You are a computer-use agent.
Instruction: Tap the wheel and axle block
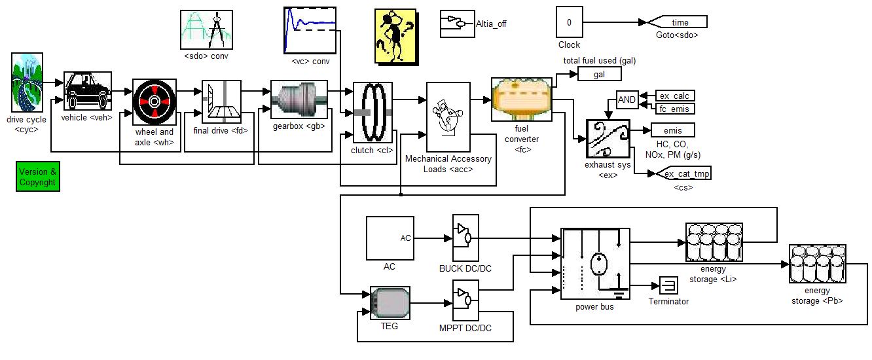(154, 102)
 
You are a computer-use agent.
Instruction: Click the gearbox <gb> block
(299, 101)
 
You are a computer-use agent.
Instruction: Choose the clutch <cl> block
(372, 112)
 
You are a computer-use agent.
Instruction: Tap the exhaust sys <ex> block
(608, 139)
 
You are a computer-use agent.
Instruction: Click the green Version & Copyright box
(38, 177)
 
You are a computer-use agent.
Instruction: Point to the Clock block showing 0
(569, 22)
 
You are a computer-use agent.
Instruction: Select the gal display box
(599, 75)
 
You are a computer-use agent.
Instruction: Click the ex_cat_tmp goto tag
(683, 173)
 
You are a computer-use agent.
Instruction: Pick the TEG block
(390, 303)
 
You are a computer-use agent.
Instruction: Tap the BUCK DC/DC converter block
(465, 238)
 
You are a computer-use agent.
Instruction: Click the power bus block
(595, 263)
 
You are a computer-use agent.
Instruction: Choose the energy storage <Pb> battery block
(818, 268)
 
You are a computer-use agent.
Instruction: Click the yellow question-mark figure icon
(395, 36)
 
